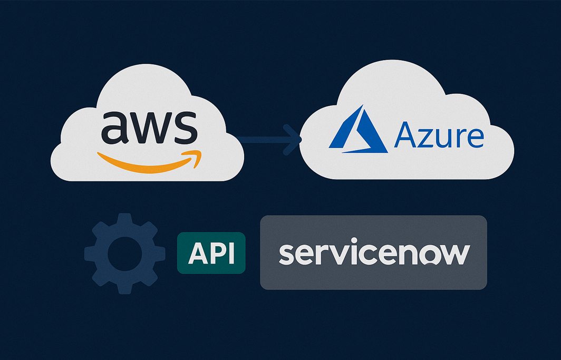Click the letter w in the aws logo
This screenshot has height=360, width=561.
[x=147, y=128]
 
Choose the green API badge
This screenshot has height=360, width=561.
[x=211, y=253]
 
